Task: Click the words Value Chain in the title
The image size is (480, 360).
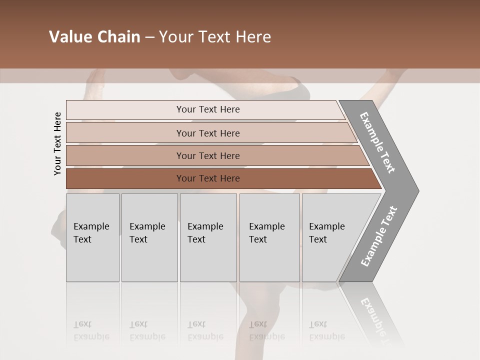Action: pyautogui.click(x=94, y=37)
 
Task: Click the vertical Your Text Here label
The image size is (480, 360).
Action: pyautogui.click(x=57, y=143)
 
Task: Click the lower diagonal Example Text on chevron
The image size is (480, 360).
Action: pyautogui.click(x=379, y=236)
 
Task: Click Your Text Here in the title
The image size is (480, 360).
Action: pyautogui.click(x=215, y=37)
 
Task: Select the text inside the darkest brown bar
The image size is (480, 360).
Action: pyautogui.click(x=208, y=178)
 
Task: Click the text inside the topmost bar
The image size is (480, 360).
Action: pyautogui.click(x=208, y=109)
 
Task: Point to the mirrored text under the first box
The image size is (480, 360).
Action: pyautogui.click(x=91, y=330)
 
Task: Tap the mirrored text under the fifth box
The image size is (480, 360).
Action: pyautogui.click(x=326, y=330)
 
